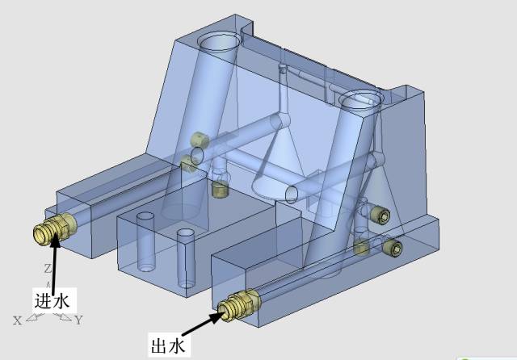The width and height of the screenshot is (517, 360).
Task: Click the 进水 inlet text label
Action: [52, 301]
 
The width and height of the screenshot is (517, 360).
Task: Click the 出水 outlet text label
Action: [168, 345]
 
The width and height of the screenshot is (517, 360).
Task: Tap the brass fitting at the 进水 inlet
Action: [55, 228]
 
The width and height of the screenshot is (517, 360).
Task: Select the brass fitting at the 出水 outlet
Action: [239, 304]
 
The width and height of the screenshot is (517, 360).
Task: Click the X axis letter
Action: [18, 320]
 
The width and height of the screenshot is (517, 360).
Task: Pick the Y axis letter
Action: [78, 320]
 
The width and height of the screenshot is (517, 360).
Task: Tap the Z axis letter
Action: [48, 269]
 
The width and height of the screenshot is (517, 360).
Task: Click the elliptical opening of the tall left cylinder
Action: [219, 43]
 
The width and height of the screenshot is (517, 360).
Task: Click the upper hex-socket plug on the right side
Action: [380, 215]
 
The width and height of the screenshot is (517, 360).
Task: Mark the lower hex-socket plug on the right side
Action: [393, 247]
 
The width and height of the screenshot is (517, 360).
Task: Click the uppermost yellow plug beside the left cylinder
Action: [200, 140]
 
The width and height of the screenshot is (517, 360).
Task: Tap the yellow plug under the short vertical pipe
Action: [220, 189]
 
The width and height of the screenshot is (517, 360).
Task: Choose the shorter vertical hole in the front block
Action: [145, 242]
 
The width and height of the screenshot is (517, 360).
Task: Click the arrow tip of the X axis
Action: [27, 319]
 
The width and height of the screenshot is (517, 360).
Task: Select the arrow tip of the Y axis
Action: [70, 319]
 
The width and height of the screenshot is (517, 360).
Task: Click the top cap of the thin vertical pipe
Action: [283, 68]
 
